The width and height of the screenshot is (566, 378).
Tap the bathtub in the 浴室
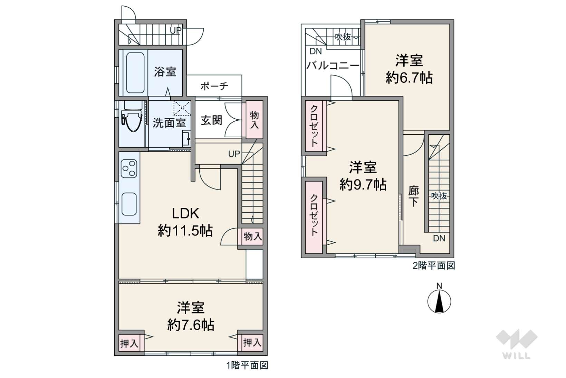click(135, 73)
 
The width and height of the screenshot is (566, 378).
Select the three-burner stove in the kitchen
click(129, 169)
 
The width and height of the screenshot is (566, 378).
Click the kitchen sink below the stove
click(129, 204)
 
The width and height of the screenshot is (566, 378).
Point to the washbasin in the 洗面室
click(186, 138)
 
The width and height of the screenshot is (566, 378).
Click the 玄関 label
click(211, 120)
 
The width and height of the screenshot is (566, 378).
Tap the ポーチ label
click(214, 86)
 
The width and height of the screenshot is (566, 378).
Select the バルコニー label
click(333, 65)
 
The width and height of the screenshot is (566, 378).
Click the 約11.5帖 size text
click(185, 231)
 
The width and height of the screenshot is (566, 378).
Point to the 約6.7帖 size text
click(409, 78)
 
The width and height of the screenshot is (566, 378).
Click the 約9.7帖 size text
click(363, 185)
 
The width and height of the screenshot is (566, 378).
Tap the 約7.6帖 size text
click(191, 325)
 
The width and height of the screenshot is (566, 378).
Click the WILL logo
click(517, 344)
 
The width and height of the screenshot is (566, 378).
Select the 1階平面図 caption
click(247, 365)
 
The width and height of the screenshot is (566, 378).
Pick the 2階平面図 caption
click(434, 266)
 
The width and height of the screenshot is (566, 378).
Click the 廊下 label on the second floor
click(413, 196)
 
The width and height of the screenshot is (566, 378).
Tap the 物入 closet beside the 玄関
click(255, 120)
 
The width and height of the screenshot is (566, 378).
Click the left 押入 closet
click(129, 343)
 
